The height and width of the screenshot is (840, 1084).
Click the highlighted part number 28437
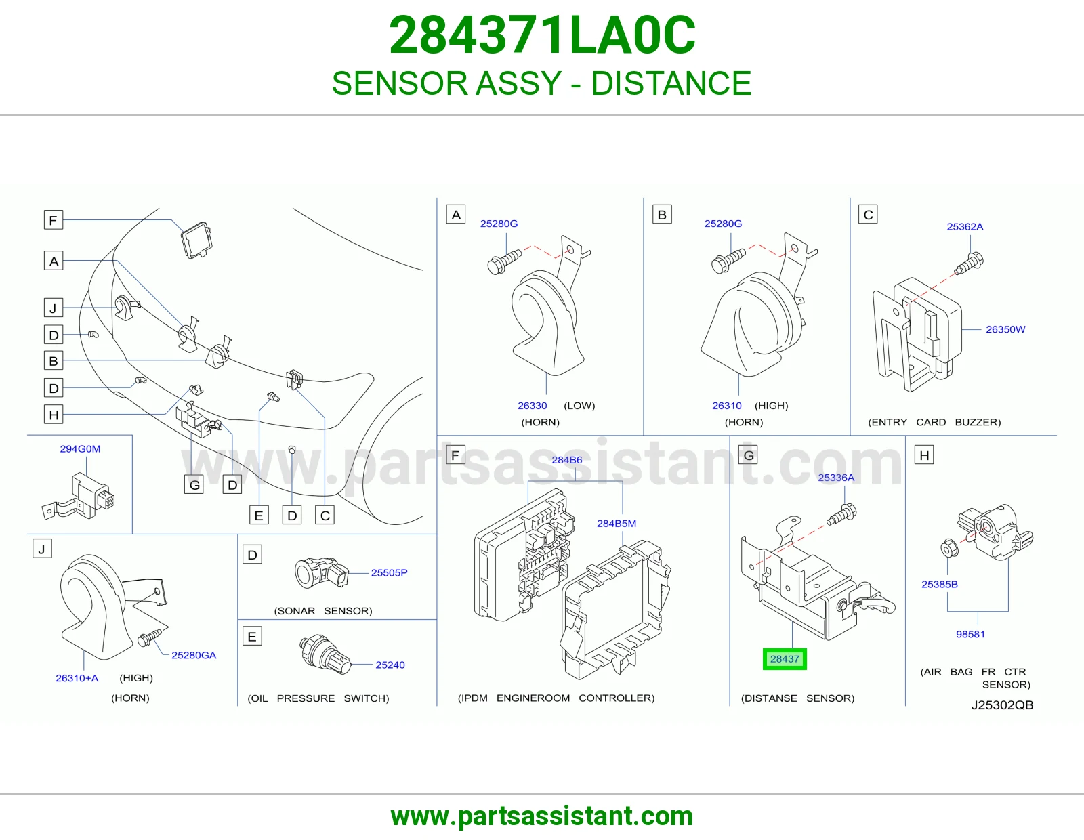[x=785, y=659]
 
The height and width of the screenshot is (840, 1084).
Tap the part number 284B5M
[x=617, y=523]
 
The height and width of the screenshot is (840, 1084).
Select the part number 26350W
[x=1005, y=329]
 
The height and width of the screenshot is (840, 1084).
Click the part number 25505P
[x=389, y=572]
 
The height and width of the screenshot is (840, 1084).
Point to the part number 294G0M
[x=81, y=448]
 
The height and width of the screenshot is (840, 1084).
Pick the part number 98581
[x=970, y=634]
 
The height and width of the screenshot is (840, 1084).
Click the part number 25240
[x=390, y=665]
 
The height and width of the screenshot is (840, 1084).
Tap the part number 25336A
[x=836, y=478]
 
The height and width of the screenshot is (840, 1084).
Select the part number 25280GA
[x=194, y=655]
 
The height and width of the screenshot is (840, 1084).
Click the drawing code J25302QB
[x=1002, y=705]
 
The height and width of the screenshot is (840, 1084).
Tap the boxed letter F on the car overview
[x=54, y=220]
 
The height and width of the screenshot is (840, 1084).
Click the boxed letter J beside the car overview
[x=54, y=308]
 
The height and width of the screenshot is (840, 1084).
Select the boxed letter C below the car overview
[x=325, y=516]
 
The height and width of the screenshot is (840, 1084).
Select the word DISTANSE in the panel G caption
[x=769, y=698]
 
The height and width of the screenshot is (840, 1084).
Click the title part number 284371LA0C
[x=542, y=35]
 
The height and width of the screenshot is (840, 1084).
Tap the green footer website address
[x=542, y=816]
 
